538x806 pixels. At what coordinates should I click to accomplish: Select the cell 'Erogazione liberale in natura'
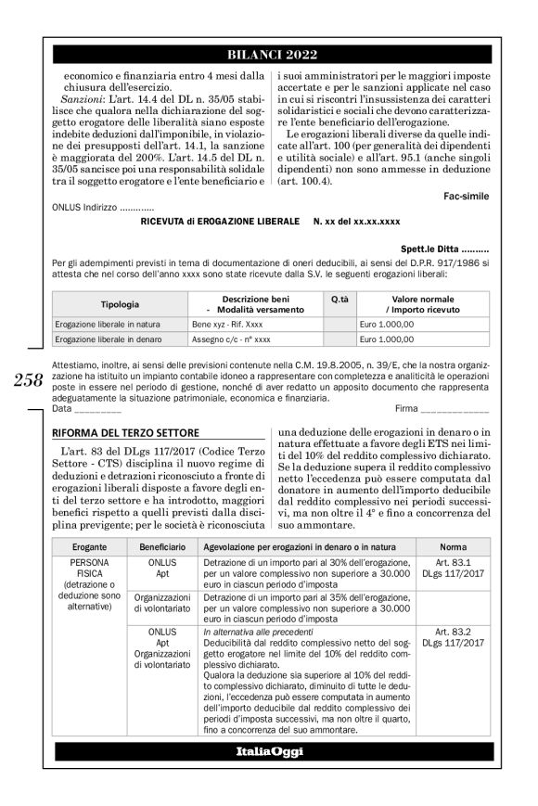(x=107, y=325)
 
